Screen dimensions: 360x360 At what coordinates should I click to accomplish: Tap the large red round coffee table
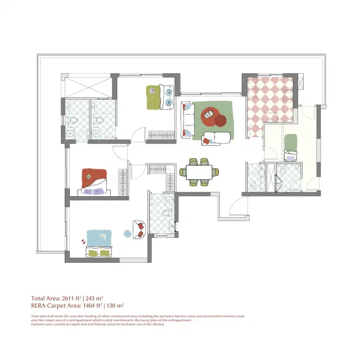tap(213, 115)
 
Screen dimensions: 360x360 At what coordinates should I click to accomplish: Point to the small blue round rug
tap(127, 233)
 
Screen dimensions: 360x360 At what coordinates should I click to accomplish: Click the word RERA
tap(39, 305)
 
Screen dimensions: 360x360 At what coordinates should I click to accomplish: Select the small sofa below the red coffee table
tap(215, 137)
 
